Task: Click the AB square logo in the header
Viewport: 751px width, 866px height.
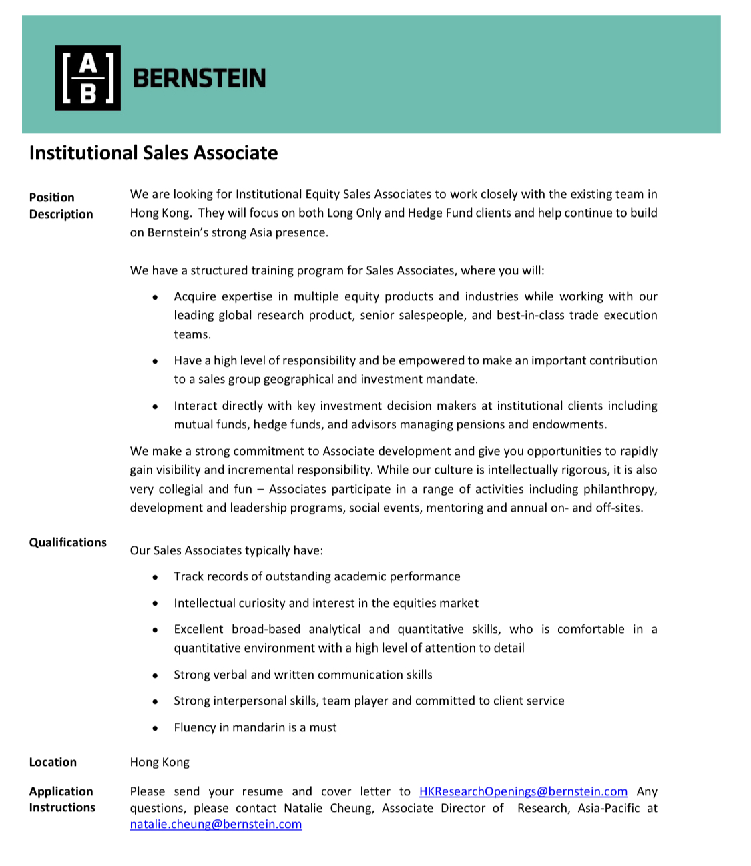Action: [88, 77]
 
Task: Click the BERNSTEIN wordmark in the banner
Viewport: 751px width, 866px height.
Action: [199, 79]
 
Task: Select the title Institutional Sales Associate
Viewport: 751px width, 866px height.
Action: [154, 153]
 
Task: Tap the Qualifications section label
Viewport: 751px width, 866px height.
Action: [67, 542]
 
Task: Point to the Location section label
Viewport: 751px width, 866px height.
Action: [53, 762]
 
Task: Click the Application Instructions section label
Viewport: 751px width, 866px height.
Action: [61, 799]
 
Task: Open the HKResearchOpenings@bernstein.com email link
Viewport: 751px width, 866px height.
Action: [523, 791]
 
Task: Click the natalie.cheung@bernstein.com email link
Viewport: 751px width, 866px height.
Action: [216, 824]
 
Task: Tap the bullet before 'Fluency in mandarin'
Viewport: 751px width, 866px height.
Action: [155, 728]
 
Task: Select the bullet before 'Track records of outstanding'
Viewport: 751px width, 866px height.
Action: [155, 577]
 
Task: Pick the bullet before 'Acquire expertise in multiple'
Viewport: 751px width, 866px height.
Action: [155, 297]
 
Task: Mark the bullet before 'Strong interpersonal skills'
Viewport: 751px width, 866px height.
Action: [155, 701]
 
